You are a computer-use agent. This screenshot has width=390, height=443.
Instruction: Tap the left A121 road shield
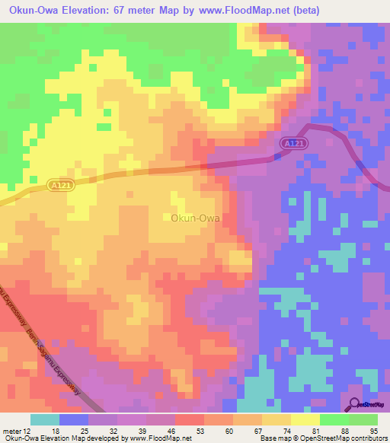[62, 185]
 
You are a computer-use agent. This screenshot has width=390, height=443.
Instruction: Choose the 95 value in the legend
[374, 430]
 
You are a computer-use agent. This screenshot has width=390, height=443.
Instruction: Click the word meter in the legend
[14, 430]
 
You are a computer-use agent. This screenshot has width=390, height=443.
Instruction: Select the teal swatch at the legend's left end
[45, 419]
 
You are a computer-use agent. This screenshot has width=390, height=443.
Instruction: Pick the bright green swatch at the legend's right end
[363, 419]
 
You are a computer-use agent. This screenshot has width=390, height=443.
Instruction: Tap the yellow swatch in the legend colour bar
[305, 419]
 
